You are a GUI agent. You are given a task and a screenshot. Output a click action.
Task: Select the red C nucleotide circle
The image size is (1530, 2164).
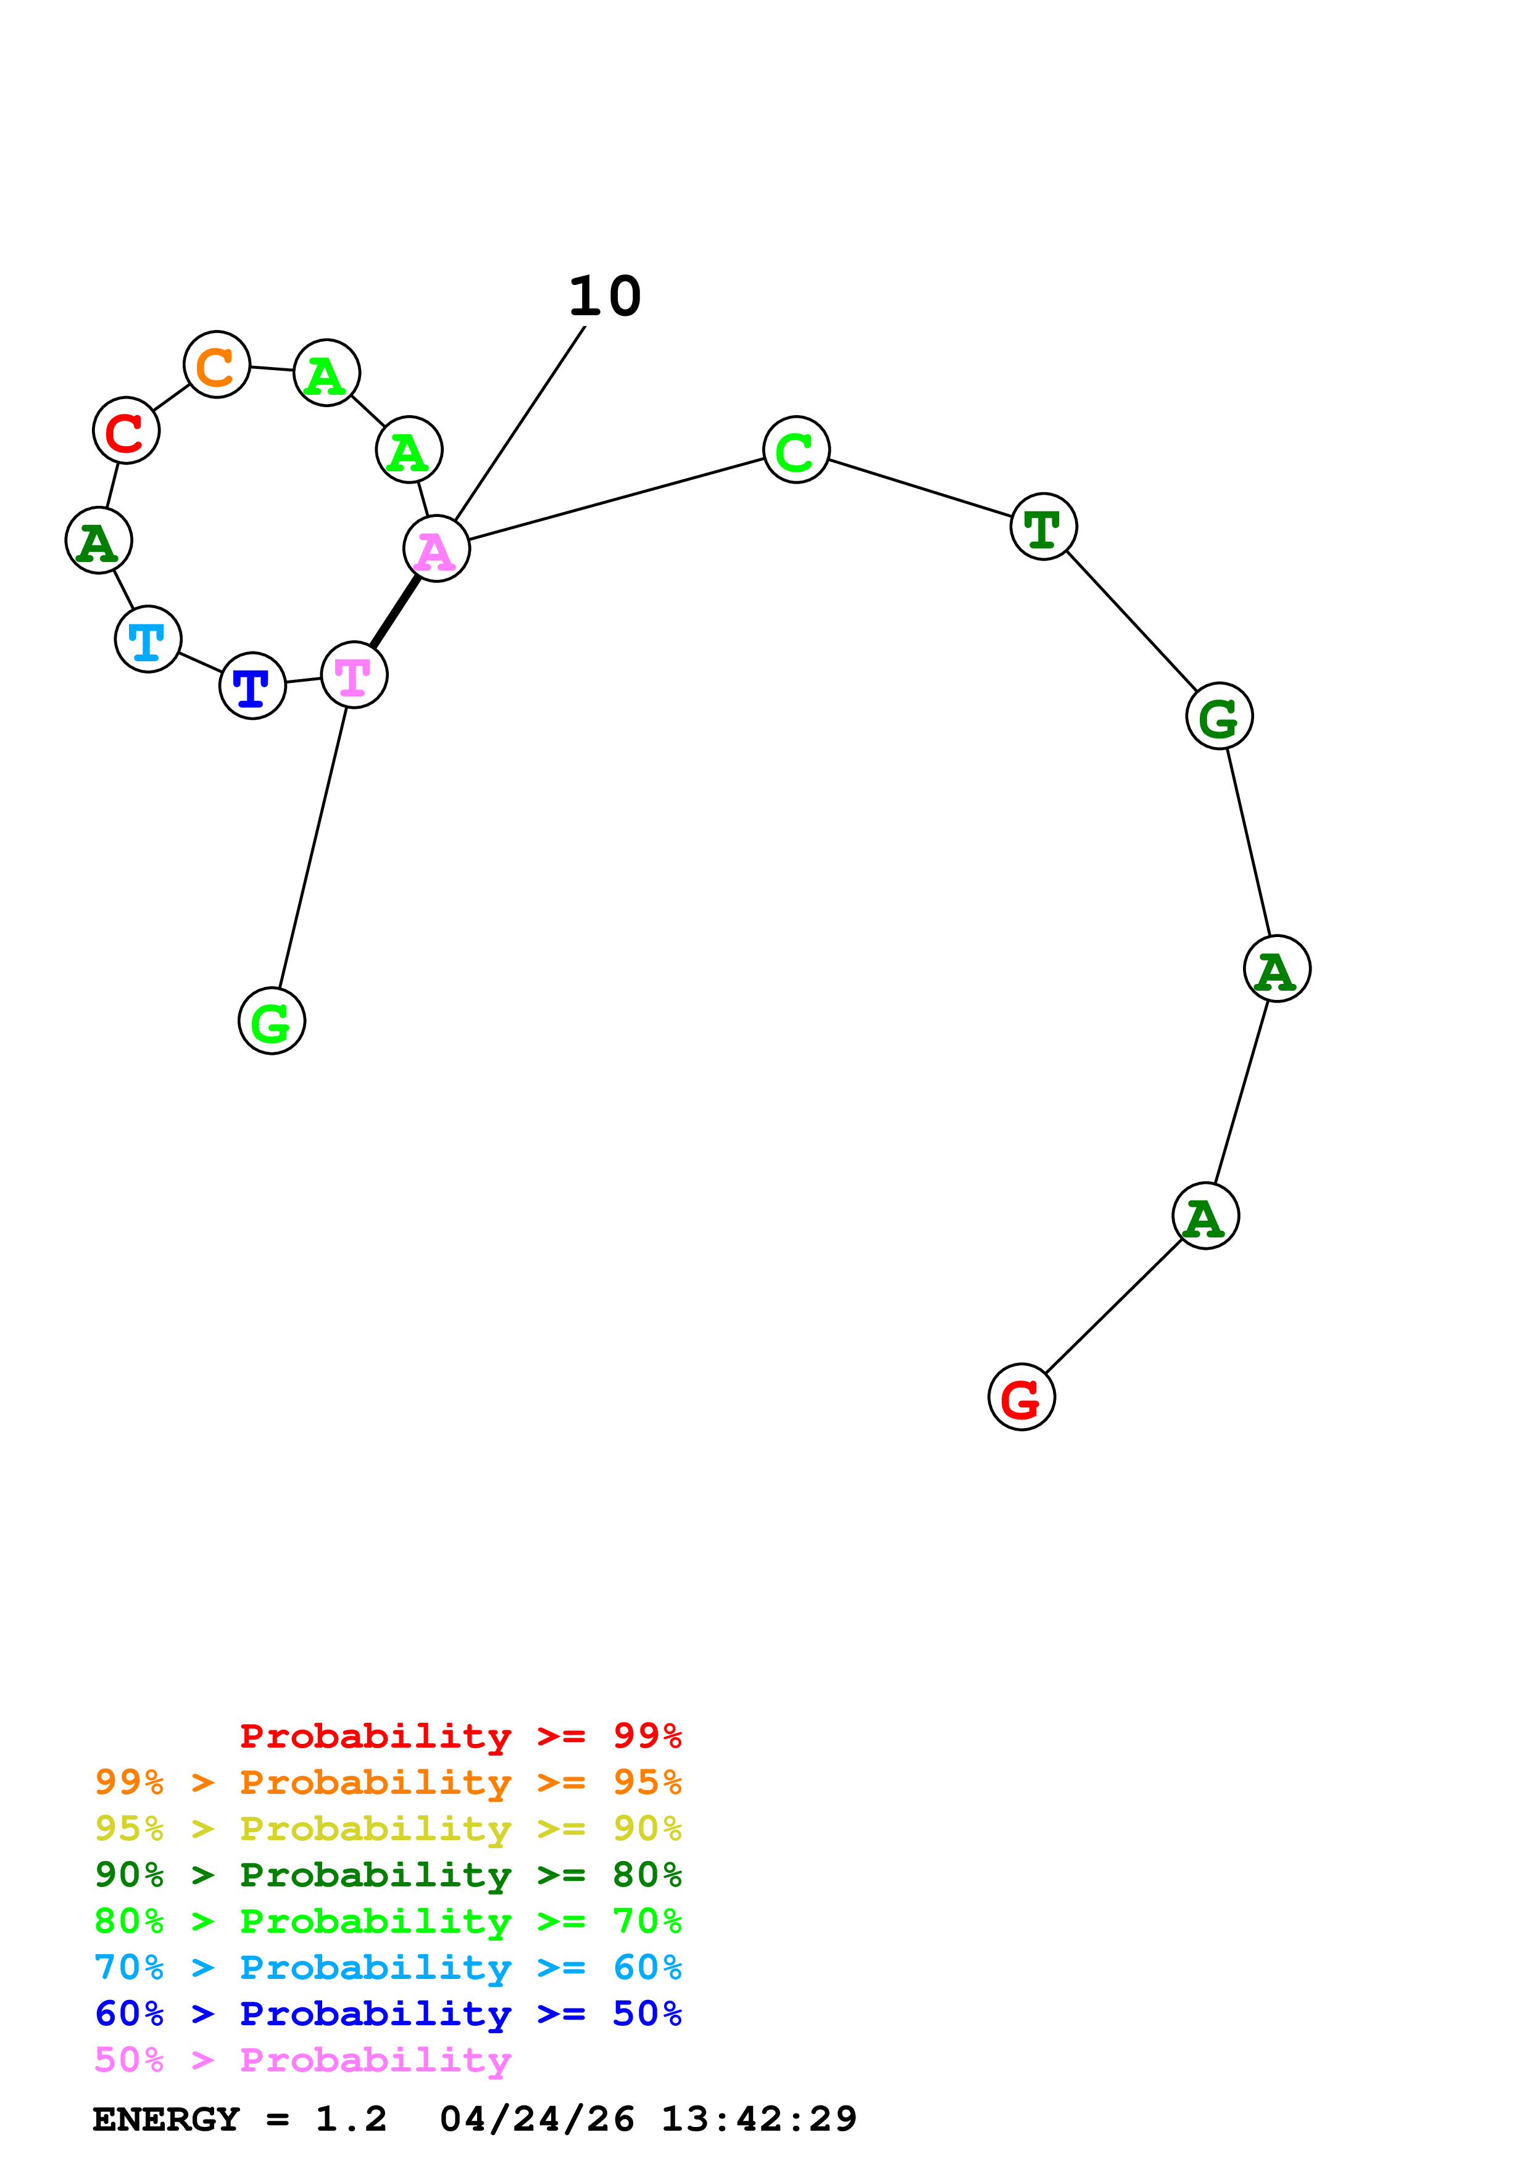[127, 431]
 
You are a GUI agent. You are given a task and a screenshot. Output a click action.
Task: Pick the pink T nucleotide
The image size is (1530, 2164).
[354, 675]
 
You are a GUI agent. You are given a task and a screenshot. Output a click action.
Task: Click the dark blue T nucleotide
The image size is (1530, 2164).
[252, 686]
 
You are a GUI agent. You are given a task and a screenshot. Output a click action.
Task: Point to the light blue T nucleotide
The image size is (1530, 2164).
[148, 639]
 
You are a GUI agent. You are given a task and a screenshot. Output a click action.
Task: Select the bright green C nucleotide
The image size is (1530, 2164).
[797, 450]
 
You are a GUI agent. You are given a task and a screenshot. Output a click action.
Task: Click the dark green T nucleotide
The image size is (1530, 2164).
[1044, 527]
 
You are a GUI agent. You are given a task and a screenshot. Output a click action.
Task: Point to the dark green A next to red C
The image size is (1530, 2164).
[98, 541]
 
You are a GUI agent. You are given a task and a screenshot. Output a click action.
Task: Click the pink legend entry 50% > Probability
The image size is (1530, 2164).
[302, 2060]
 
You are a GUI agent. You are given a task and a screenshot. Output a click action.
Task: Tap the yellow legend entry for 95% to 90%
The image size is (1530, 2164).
[388, 1828]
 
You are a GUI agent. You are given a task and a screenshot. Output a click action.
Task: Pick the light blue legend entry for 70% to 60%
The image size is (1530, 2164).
[388, 1968]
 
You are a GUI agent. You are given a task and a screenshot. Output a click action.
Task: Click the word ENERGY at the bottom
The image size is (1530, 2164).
[166, 2120]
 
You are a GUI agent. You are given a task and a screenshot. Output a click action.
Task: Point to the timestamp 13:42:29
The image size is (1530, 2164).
[759, 2120]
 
